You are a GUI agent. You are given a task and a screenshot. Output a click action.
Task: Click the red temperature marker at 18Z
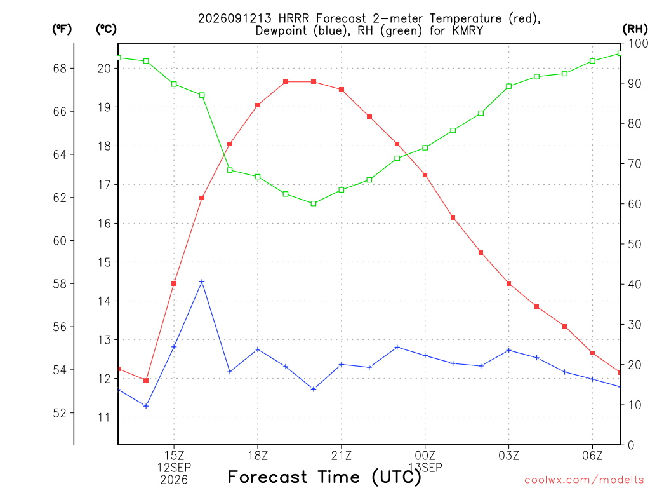(x=258, y=105)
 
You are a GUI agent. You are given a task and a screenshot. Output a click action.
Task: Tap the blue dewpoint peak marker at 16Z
(x=202, y=281)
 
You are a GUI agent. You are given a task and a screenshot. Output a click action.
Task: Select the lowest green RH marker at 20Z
(x=314, y=203)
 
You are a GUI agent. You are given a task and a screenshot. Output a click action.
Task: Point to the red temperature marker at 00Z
(x=425, y=175)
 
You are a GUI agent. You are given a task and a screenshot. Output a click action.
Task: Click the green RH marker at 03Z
(x=508, y=86)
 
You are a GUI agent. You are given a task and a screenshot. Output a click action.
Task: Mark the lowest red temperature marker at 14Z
(x=146, y=380)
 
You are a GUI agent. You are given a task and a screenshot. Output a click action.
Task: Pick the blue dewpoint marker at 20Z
(x=314, y=389)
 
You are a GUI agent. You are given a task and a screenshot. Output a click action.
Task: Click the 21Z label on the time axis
(x=341, y=456)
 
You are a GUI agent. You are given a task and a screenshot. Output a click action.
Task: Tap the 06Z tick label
(x=592, y=456)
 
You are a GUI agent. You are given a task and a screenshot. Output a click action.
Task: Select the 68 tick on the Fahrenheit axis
(x=60, y=69)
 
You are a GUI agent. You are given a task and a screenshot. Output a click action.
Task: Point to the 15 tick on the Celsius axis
(x=105, y=262)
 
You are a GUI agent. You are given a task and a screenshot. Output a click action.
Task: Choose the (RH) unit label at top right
(x=635, y=29)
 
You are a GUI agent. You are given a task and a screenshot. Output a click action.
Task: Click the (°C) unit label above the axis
(x=106, y=29)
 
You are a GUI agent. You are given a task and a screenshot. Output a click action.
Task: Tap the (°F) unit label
(x=62, y=29)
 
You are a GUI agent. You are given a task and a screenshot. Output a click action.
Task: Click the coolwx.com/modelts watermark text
(x=584, y=480)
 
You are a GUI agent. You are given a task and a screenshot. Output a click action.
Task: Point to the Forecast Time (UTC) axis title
(x=324, y=477)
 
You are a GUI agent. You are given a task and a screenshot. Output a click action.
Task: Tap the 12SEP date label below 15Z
(x=174, y=468)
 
